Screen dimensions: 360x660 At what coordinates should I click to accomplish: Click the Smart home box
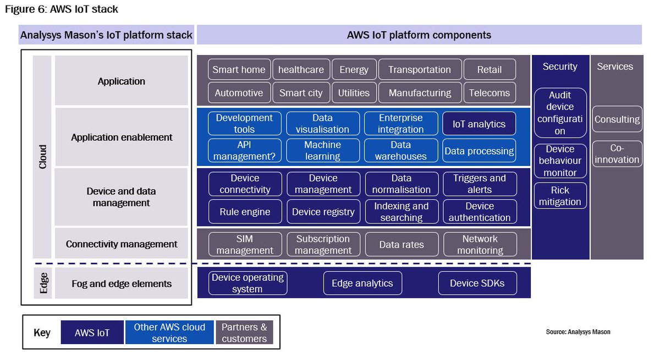239,70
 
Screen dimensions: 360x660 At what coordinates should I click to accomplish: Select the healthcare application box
301,70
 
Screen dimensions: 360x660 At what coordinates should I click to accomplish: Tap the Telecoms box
490,93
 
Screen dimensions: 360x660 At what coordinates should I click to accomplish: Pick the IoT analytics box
479,124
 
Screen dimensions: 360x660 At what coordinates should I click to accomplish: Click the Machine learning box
323,151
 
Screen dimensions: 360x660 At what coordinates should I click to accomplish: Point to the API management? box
245,151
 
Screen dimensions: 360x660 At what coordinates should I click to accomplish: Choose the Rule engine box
245,212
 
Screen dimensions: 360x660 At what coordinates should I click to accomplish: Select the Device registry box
323,212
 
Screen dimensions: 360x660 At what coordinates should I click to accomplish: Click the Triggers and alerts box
479,184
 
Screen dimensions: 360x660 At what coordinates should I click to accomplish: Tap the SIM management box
245,245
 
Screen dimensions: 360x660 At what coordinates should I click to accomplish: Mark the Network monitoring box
479,245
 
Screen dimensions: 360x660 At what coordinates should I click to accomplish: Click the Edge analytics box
362,283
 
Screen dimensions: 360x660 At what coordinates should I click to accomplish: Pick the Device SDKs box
477,283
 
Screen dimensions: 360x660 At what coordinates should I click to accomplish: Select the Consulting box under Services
617,119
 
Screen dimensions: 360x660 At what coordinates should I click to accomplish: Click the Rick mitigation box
560,196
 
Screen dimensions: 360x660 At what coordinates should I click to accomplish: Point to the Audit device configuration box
560,113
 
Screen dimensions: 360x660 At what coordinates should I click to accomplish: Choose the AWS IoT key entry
92,333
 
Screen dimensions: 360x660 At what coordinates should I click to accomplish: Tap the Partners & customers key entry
244,333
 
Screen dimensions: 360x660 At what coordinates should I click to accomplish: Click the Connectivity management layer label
122,244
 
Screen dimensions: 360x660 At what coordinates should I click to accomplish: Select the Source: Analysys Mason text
577,332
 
